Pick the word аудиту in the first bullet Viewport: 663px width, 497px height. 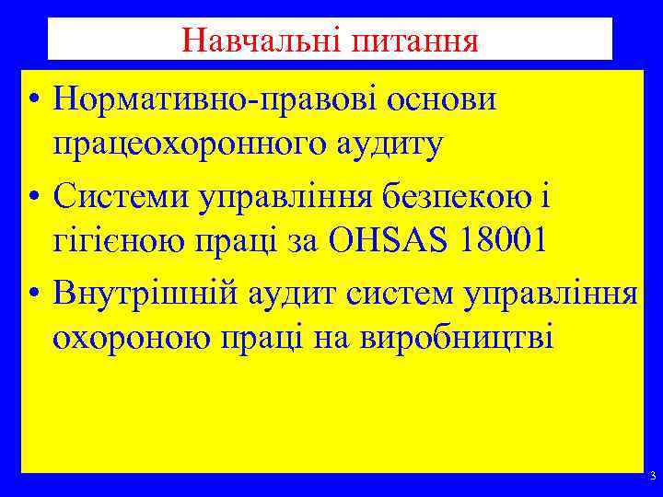click(393, 144)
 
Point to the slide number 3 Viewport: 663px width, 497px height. click(652, 477)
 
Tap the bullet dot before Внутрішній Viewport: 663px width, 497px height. click(33, 296)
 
